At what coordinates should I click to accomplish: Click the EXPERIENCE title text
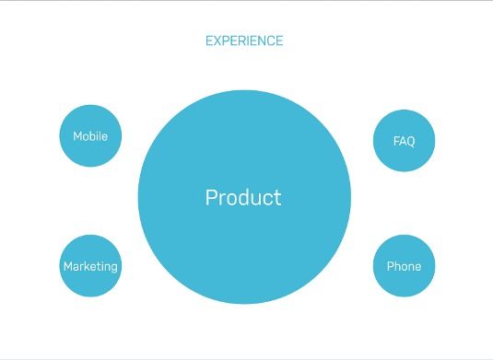[x=244, y=41]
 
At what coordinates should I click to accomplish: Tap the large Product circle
[x=244, y=197]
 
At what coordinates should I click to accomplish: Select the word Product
[x=243, y=197]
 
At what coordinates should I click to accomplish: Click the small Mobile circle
[x=90, y=135]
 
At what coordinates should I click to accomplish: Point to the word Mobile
[x=90, y=136]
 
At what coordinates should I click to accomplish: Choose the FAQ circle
[x=404, y=141]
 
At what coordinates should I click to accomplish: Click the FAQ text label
[x=404, y=141]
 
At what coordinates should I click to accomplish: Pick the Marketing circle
[x=90, y=266]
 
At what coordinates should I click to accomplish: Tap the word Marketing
[x=90, y=267]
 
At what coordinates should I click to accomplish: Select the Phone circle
[x=404, y=266]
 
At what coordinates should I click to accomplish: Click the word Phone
[x=404, y=266]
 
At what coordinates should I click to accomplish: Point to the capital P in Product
[x=212, y=197]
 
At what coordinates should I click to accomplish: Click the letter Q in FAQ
[x=410, y=142]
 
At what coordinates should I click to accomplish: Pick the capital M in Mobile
[x=77, y=136]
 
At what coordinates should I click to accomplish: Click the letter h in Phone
[x=398, y=266]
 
